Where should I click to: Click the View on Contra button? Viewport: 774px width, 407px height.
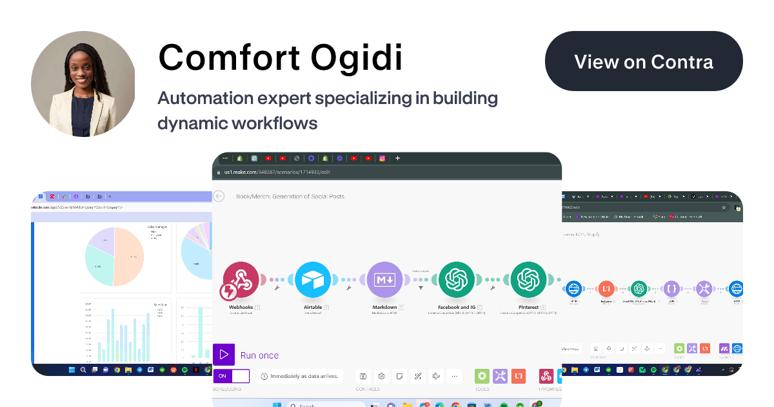644,61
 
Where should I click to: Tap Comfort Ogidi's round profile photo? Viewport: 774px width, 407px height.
83,84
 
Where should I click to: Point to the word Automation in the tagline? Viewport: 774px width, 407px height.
204,99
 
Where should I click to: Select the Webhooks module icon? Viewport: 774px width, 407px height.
241,280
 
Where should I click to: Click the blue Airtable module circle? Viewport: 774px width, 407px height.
313,280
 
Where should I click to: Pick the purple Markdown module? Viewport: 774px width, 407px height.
385,280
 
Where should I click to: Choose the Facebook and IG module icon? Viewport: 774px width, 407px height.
457,280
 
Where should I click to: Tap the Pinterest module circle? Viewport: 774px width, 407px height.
528,280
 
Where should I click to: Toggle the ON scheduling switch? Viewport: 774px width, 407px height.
231,376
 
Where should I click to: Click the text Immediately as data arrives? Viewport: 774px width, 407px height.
303,376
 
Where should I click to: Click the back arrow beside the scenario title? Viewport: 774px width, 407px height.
219,196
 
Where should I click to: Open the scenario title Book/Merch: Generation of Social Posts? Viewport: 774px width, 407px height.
290,196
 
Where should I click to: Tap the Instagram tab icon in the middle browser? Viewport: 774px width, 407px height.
382,158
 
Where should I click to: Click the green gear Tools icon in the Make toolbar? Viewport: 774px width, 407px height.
482,376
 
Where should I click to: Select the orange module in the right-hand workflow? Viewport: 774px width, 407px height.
606,289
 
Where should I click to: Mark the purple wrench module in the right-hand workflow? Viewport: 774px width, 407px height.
704,289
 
